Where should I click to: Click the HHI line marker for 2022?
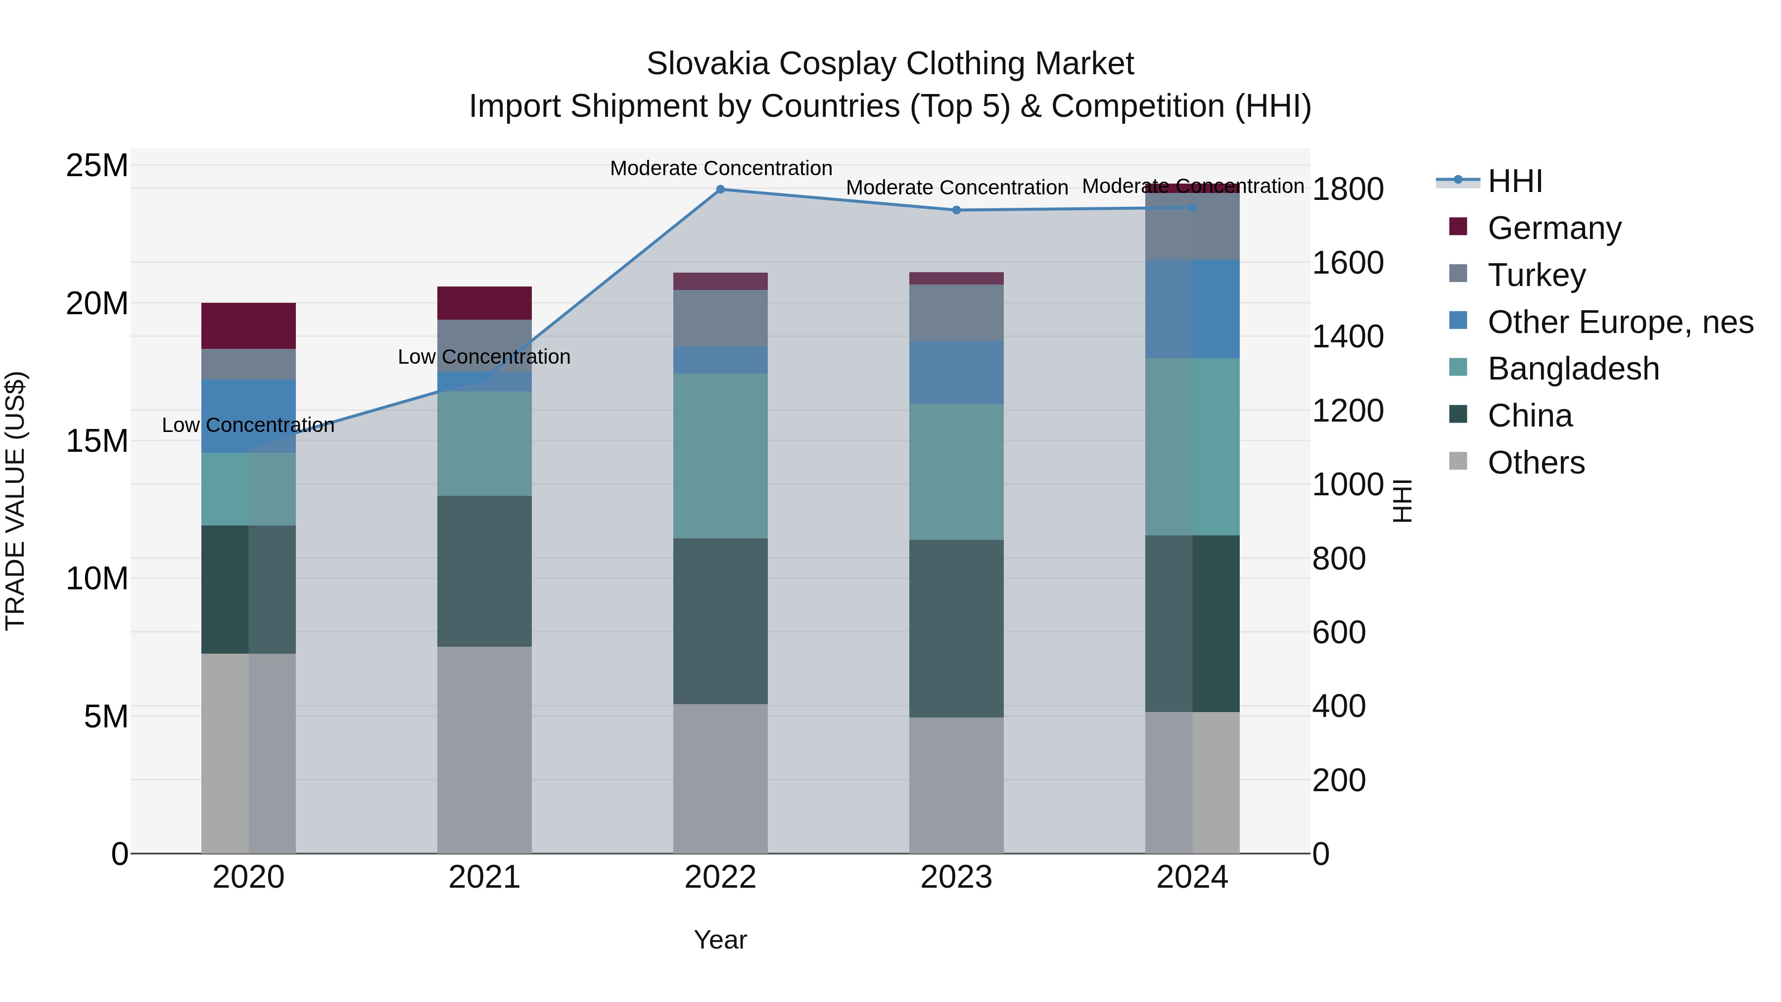click(x=720, y=190)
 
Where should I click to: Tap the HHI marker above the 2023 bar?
click(x=956, y=210)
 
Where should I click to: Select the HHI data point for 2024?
click(x=1192, y=207)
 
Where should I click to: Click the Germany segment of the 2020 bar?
click(x=248, y=326)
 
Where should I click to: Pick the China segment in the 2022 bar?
click(x=720, y=621)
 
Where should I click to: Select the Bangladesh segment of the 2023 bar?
click(x=956, y=472)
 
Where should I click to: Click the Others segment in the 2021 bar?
click(x=484, y=750)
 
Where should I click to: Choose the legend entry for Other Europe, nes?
click(x=1620, y=322)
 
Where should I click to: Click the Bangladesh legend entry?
click(x=1573, y=369)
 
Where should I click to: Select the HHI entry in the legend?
click(x=1514, y=181)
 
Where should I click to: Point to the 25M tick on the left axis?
click(x=97, y=166)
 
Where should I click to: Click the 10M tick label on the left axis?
click(x=97, y=578)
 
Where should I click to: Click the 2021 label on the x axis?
click(x=484, y=877)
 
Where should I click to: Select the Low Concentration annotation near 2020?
click(x=248, y=425)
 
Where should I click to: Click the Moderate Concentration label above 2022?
click(x=720, y=168)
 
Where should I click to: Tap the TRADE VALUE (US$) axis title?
click(x=15, y=501)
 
